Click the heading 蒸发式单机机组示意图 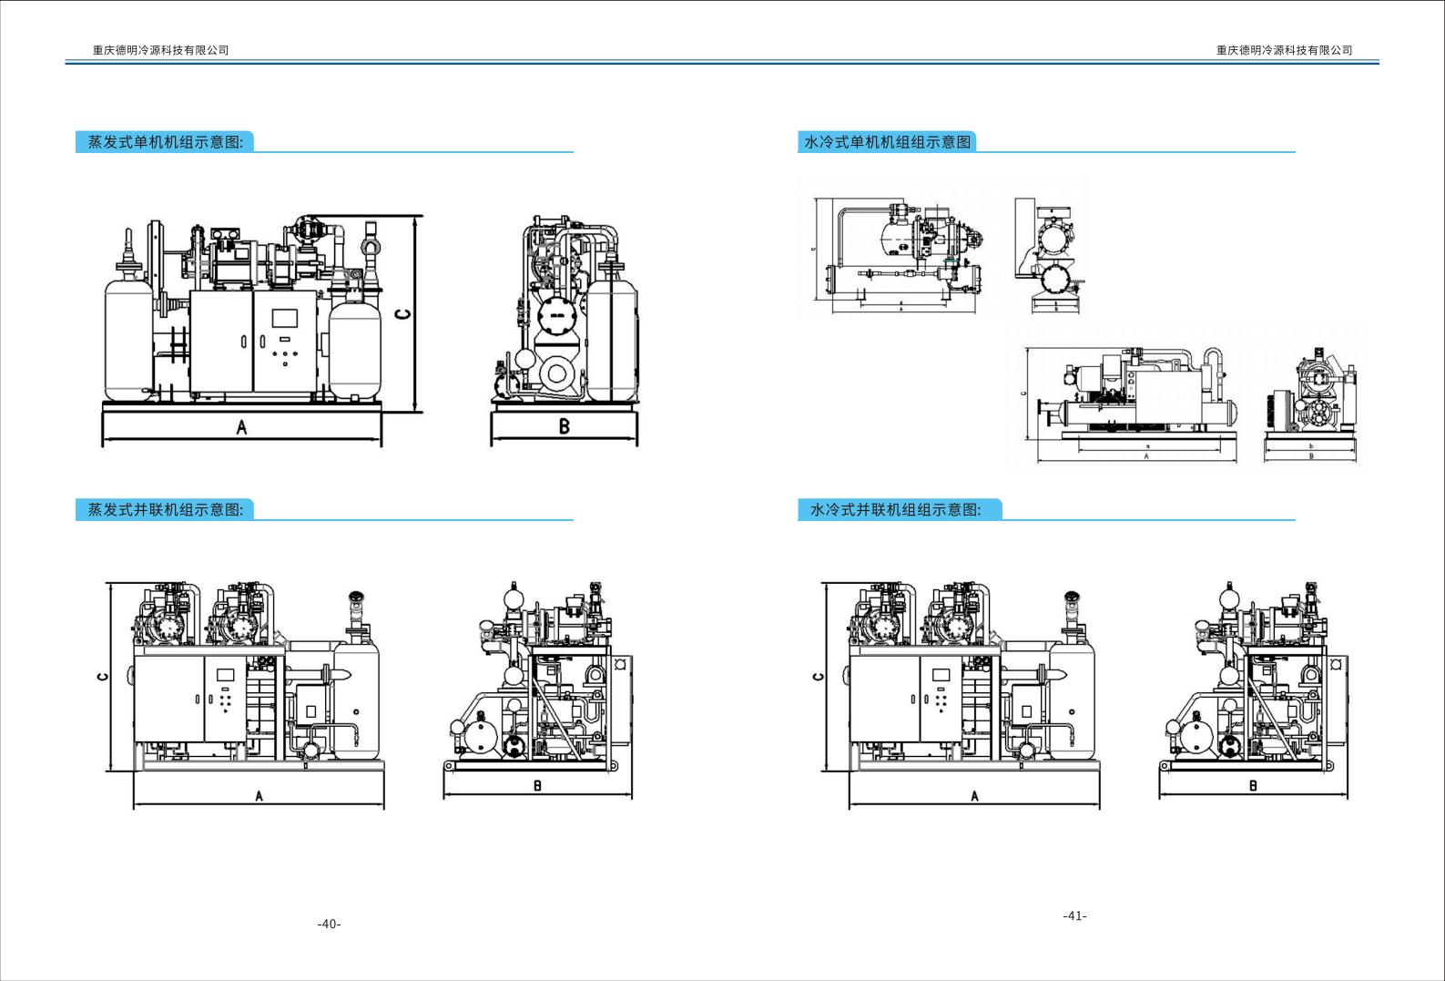[x=165, y=142]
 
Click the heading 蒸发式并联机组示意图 [x=165, y=510]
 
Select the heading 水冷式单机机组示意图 [x=888, y=142]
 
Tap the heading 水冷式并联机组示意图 [x=896, y=510]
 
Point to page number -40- [x=329, y=925]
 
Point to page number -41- [x=1074, y=916]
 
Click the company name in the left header [x=160, y=50]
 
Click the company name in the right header [x=1284, y=50]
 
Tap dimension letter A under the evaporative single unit [x=241, y=427]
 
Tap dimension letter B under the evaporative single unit [x=564, y=426]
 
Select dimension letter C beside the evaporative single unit [x=402, y=315]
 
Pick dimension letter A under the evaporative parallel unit [x=259, y=796]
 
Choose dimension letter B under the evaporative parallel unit [x=537, y=786]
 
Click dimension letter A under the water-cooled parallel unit [x=974, y=796]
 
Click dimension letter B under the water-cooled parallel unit [x=1253, y=786]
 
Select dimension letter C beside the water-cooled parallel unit [x=818, y=676]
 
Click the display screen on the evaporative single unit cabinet [x=285, y=319]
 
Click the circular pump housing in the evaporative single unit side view [x=556, y=373]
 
